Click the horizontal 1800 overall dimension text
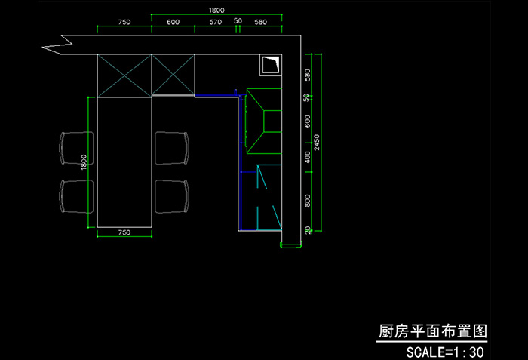216,10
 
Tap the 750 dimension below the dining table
125,234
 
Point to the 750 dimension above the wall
124,23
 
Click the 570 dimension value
216,23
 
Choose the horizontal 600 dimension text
173,23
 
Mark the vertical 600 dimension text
307,121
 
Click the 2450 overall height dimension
318,142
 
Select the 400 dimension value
307,157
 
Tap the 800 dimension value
307,200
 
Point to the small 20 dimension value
307,229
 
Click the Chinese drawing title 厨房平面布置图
431,332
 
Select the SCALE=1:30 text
444,352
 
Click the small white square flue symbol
270,65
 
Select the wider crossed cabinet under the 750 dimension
125,75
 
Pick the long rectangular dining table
125,162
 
